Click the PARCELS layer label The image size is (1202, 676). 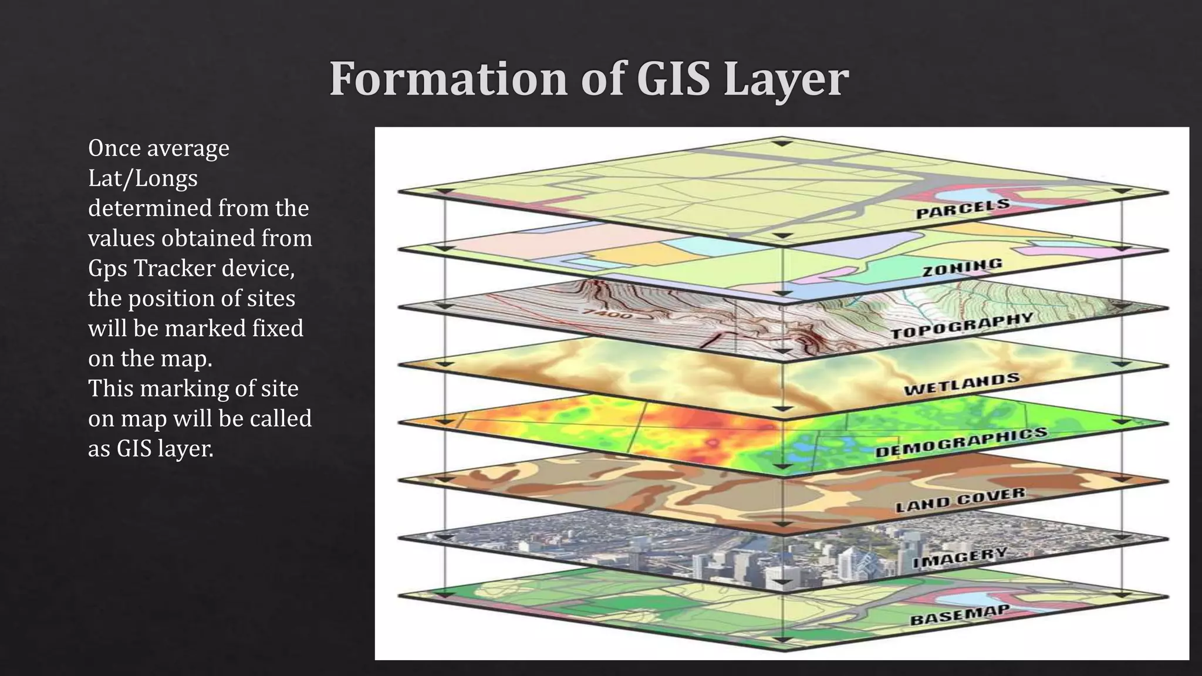click(963, 209)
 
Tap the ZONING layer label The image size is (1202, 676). click(962, 268)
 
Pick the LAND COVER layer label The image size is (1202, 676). click(960, 499)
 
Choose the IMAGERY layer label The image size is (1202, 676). click(960, 557)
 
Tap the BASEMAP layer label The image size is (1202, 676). click(959, 615)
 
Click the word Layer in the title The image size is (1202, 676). click(786, 80)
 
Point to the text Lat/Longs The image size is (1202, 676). click(143, 178)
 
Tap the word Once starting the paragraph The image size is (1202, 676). click(114, 148)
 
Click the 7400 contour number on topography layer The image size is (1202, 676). click(607, 314)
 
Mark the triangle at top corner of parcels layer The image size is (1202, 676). click(781, 143)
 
